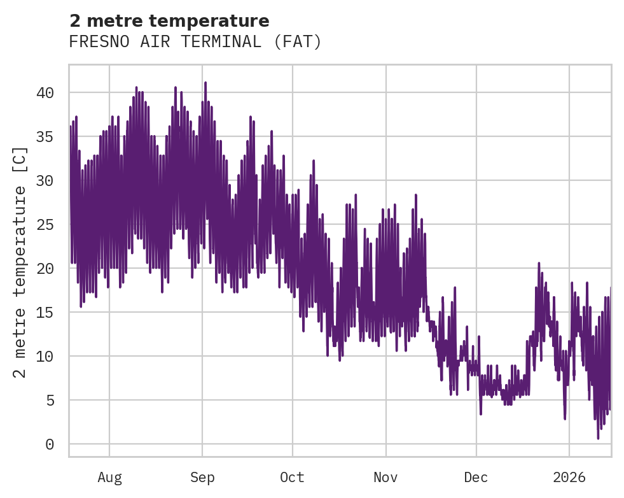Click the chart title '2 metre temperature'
pos(169,21)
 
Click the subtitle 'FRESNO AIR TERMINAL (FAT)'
pos(195,42)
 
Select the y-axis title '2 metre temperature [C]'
pos(21,262)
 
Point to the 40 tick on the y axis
pos(45,93)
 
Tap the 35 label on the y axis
pos(45,137)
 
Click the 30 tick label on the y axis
pos(45,181)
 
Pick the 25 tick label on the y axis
pos(45,225)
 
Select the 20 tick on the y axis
pos(45,269)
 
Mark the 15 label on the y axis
pos(45,313)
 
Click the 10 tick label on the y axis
pos(45,357)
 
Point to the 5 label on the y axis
pos(49,401)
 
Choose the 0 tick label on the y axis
pos(49,445)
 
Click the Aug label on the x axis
pos(109,478)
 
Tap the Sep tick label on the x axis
pos(202,478)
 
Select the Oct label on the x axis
pos(293,478)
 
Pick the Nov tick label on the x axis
pos(385,478)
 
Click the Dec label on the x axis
pos(476,478)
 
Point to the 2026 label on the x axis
pos(569,478)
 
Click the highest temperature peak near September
pos(205,83)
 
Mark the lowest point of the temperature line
pos(598,438)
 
